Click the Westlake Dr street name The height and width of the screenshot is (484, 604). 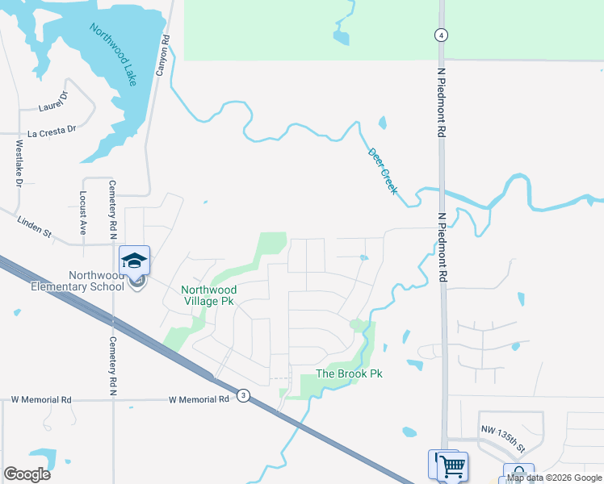19,165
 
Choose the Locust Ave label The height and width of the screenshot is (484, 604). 82,212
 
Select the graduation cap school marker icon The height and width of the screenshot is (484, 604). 135,260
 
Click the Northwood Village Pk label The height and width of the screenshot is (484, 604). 208,295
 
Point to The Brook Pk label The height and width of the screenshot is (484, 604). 349,373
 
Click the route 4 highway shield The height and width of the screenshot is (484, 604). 440,35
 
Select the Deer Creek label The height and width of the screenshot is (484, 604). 383,169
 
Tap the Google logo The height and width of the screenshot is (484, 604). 27,474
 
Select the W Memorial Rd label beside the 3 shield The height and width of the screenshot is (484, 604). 199,399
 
